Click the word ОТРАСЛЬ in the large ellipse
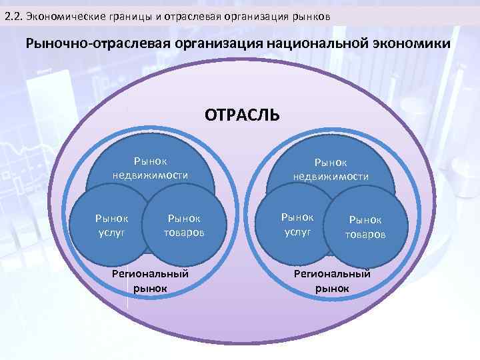click(243, 115)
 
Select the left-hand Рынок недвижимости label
click(150, 168)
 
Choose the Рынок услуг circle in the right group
click(297, 223)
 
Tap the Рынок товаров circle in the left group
click(183, 226)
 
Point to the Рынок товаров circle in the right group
click(365, 227)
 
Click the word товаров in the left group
click(184, 233)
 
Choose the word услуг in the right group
click(297, 230)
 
